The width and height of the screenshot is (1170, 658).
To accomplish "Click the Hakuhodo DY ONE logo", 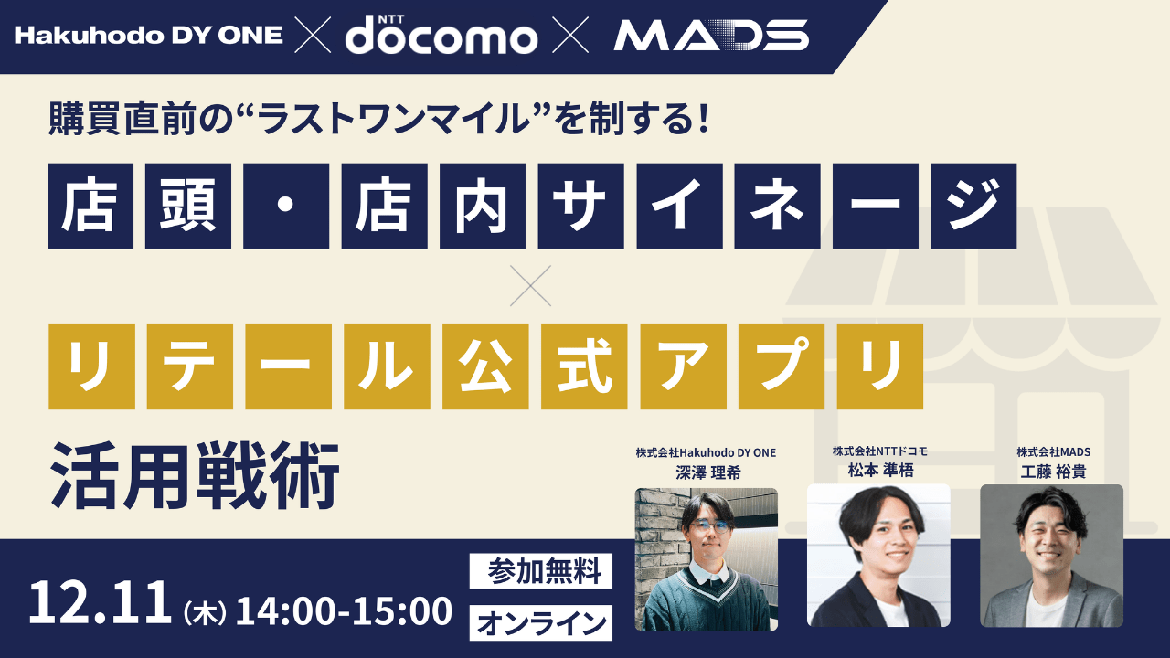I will pyautogui.click(x=149, y=36).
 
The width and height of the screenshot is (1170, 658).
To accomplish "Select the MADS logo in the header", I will pyautogui.click(x=710, y=36).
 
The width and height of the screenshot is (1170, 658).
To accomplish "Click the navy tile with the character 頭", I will pyautogui.click(x=187, y=207).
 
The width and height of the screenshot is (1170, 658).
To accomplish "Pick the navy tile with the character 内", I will pyautogui.click(x=483, y=207).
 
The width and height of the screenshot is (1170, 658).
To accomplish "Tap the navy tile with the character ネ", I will pyautogui.click(x=777, y=207).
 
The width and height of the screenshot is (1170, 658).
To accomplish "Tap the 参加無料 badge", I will pyautogui.click(x=542, y=572).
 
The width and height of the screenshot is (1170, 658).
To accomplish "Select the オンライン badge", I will pyautogui.click(x=542, y=624).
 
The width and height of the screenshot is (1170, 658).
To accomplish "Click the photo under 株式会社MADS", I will pyautogui.click(x=1051, y=556).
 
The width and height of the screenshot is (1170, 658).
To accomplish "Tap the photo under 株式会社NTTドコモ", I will pyautogui.click(x=878, y=556).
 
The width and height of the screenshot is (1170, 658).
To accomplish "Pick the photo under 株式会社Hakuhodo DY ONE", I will pyautogui.click(x=707, y=559).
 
